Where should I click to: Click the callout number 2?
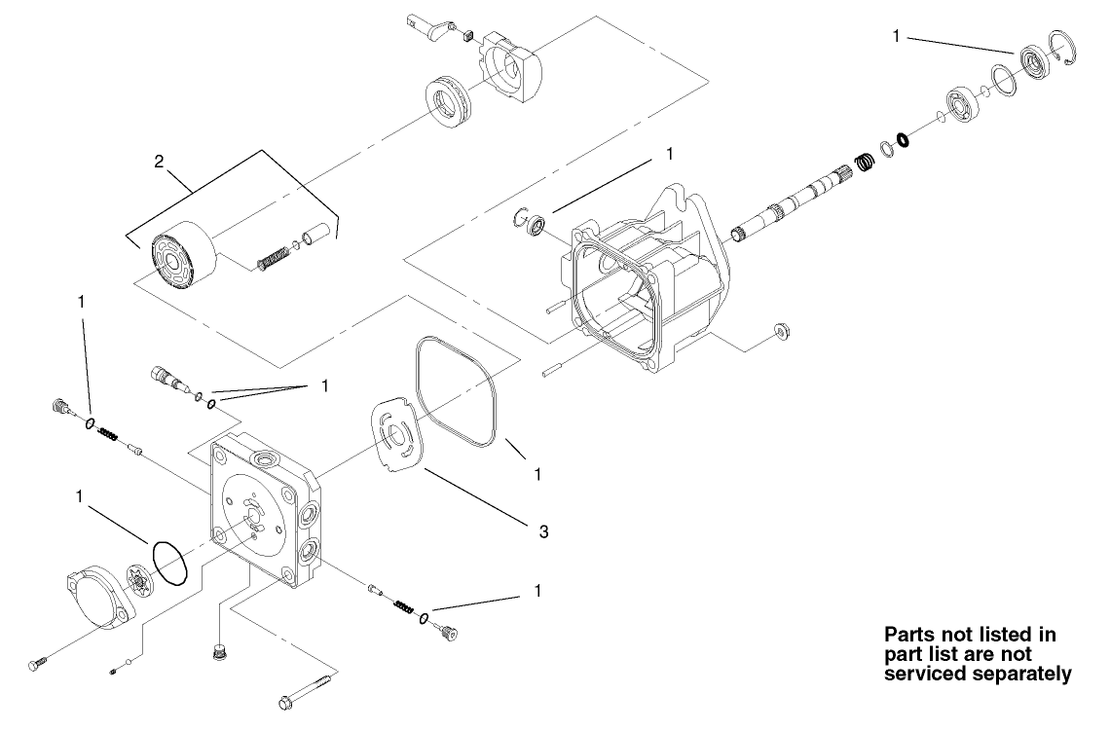point(159,162)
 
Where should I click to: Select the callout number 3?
point(544,531)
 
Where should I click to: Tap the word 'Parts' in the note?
point(908,634)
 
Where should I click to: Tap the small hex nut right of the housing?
point(781,333)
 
